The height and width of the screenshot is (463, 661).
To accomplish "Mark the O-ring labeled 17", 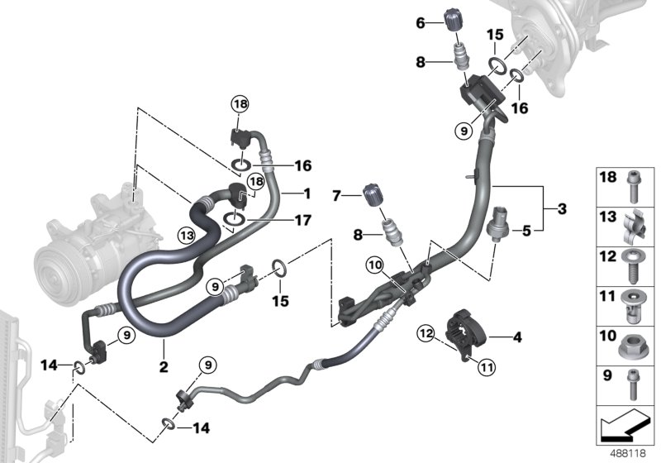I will point(235,221).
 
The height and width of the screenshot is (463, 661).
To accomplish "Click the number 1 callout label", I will point(307,194).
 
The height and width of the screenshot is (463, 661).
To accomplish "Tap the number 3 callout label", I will point(562,208).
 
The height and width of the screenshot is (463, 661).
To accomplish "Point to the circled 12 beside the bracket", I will point(426,333).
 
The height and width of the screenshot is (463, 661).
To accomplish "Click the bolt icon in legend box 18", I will point(633,188).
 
